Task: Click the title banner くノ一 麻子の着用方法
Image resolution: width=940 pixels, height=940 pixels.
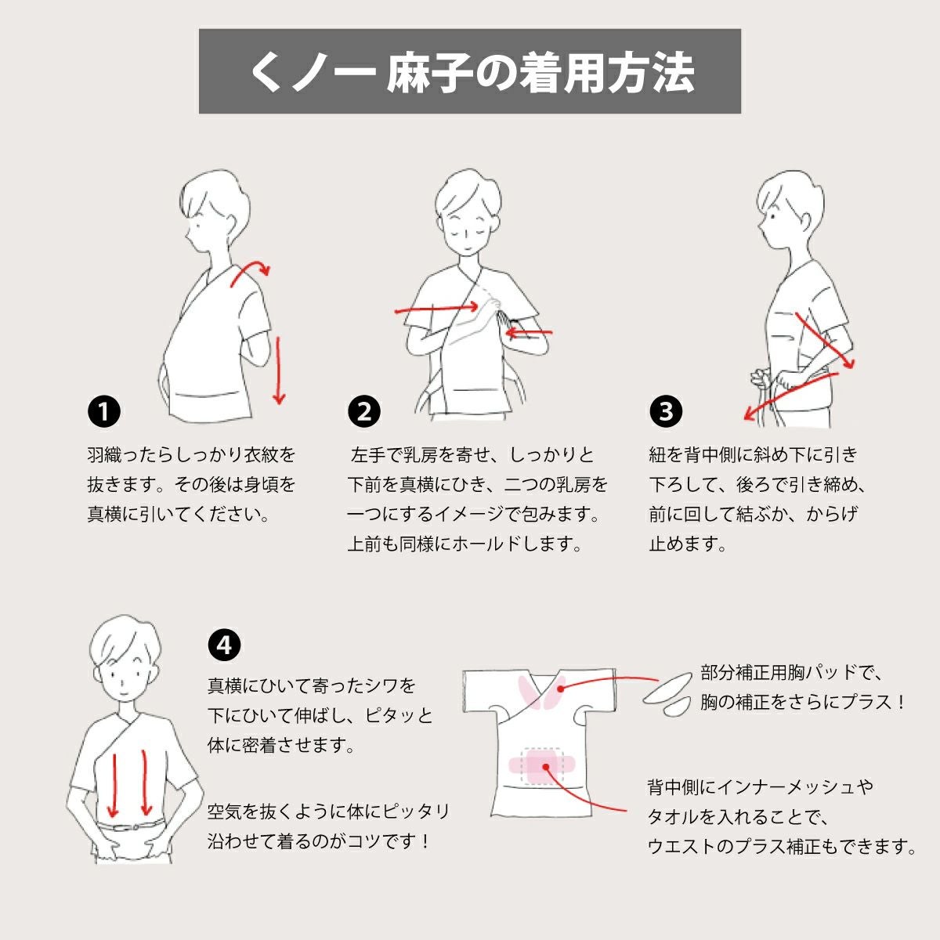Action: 470,72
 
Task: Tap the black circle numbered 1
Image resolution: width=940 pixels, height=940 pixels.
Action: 103,411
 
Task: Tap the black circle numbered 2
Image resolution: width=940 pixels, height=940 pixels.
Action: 363,411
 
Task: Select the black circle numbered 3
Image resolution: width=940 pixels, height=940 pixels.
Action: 666,411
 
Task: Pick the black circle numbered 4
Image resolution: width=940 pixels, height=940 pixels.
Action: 224,645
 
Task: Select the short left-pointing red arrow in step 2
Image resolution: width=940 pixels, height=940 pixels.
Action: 528,334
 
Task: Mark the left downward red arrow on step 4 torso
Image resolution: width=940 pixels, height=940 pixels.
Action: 113,783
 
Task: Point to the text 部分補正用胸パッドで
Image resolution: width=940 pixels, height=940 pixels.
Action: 791,672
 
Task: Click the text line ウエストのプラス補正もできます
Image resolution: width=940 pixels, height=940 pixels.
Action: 782,846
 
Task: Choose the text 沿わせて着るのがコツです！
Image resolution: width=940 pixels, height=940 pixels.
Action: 320,841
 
